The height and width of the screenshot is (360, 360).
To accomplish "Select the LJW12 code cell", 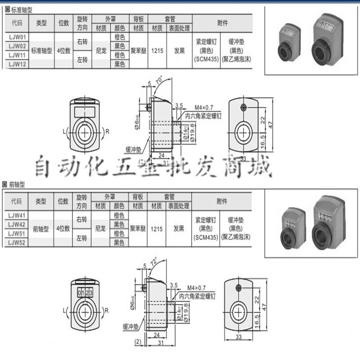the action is (16, 64).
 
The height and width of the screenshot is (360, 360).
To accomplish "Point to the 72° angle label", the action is (154, 261).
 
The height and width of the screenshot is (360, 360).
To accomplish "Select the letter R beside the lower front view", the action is (106, 310).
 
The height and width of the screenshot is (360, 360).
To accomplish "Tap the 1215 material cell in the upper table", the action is (157, 50).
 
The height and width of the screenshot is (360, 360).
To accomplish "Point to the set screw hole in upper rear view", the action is (243, 108).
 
